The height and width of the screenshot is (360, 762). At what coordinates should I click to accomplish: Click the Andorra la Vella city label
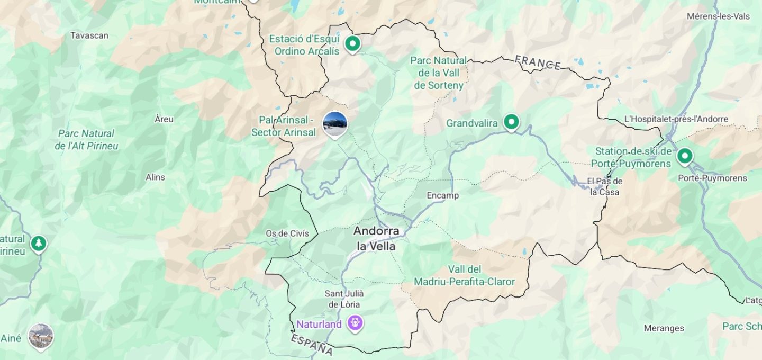coord(376,238)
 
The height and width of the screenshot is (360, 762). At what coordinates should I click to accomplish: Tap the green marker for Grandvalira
coord(511,122)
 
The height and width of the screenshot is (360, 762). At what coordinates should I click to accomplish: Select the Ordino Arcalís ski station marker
coord(352,43)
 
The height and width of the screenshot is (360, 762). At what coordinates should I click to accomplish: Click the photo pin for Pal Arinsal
coord(335,123)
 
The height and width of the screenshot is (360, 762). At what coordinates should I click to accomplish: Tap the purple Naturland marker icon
coord(355,322)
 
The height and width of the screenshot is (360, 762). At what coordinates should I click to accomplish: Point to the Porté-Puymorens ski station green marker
coord(685,156)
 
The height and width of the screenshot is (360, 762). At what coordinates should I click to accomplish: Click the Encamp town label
coord(443,195)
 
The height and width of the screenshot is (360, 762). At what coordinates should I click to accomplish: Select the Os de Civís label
coord(287,233)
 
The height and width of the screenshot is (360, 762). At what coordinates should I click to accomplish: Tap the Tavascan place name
coord(89,35)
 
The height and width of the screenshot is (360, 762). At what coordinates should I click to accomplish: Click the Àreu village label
coord(164,119)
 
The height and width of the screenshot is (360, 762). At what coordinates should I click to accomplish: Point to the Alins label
coord(155,177)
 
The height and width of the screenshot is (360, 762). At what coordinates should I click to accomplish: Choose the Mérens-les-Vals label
coord(718,16)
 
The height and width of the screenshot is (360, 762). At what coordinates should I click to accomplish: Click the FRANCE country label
coord(538,62)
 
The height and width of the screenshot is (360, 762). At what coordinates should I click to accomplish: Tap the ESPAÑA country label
coord(312,344)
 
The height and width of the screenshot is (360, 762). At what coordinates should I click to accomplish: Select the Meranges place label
coord(664,328)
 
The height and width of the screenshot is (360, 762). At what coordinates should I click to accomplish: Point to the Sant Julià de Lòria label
coord(344,299)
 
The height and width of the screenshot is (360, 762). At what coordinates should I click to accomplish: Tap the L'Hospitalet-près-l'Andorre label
coord(676,119)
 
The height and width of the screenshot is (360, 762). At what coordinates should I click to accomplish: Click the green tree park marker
coord(38,244)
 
